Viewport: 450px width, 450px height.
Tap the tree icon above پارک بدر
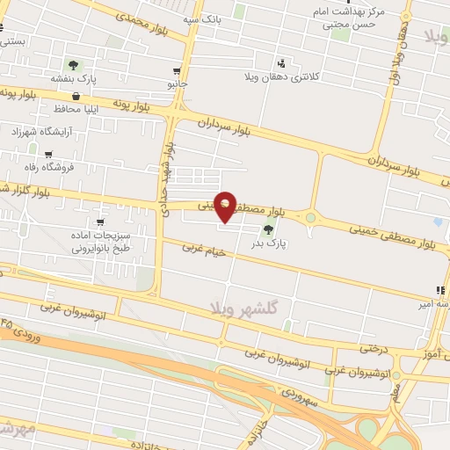coord(268,229)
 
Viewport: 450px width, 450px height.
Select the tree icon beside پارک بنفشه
coord(74,66)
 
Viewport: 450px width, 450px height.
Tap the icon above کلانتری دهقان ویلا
coord(281,63)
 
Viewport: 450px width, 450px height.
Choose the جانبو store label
coord(178,84)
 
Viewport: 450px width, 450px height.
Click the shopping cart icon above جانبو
coord(178,71)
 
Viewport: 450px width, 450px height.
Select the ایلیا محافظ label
coord(83,109)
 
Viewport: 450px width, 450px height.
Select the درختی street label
coord(374,349)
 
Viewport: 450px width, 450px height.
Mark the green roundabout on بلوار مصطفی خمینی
coord(310,217)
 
